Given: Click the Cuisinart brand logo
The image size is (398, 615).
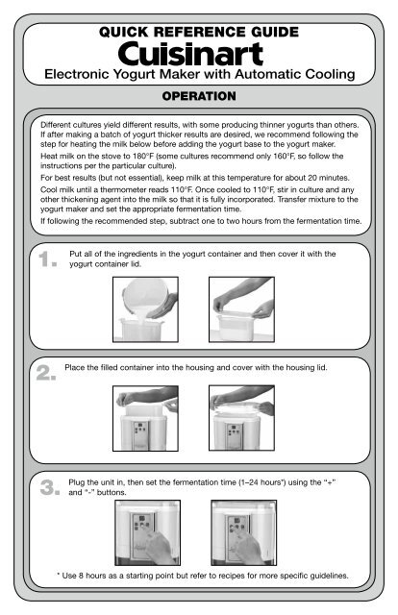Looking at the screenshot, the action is (x=190, y=54).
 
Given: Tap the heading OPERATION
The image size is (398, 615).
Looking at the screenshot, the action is (x=199, y=96).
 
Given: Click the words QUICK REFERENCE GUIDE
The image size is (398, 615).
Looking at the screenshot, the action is (x=199, y=32).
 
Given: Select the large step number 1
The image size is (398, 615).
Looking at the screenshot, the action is (x=47, y=259).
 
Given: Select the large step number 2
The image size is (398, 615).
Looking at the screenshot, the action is (x=46, y=373).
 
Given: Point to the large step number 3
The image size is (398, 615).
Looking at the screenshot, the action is (x=50, y=487).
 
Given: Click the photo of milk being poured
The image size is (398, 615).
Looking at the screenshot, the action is (x=145, y=309).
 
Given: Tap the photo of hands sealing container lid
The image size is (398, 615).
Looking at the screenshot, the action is (x=242, y=309).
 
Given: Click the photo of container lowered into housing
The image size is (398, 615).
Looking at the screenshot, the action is (x=145, y=418).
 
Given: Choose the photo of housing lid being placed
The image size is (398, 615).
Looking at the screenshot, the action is (x=242, y=418).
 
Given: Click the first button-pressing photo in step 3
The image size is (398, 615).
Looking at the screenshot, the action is (x=148, y=532).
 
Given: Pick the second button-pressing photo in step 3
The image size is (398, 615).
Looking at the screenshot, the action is (x=244, y=532).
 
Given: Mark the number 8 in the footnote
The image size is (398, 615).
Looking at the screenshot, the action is (x=81, y=576).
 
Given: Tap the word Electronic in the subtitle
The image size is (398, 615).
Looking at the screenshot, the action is (x=77, y=74).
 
